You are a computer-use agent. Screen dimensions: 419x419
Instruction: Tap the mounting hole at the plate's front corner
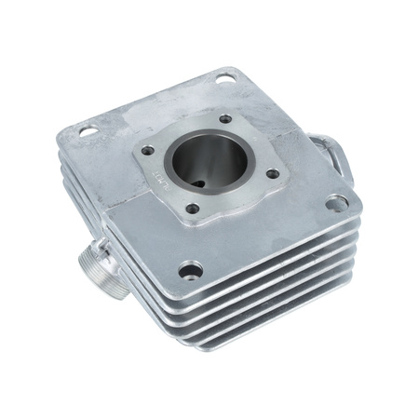click(190, 269)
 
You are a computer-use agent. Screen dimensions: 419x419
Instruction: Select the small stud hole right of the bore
click(271, 173)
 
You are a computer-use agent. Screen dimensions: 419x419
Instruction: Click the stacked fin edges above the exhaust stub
click(84, 200)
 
